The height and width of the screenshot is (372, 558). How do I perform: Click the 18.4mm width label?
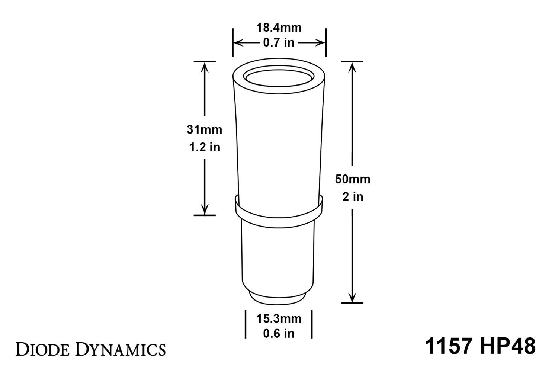[x=279, y=28]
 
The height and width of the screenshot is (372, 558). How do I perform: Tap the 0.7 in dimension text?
[x=279, y=43]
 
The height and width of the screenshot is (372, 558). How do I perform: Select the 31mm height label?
[x=204, y=130]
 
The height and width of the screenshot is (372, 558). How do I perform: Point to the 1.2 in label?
[x=205, y=147]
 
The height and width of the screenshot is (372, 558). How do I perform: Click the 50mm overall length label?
[x=353, y=179]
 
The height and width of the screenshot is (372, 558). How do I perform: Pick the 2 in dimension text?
[x=353, y=196]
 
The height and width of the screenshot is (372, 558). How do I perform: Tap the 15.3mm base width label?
[x=279, y=319]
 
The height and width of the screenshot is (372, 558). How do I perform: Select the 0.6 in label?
[x=279, y=334]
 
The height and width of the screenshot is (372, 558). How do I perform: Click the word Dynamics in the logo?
[x=121, y=349]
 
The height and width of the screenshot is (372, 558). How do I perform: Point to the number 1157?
[x=449, y=346]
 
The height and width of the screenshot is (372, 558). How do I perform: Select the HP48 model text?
[x=508, y=346]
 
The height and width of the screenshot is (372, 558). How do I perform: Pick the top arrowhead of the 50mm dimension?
[x=352, y=66]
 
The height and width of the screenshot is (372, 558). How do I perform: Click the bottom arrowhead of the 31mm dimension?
[x=205, y=211]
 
